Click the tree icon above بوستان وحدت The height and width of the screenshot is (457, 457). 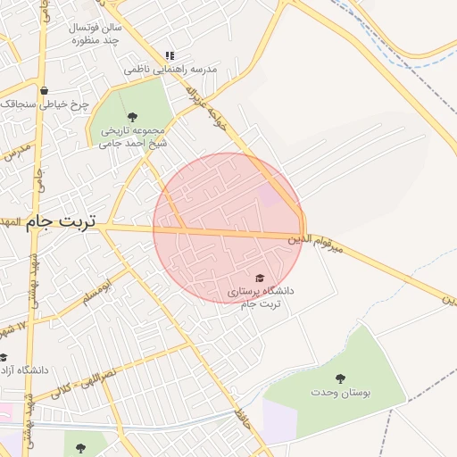point(341,378)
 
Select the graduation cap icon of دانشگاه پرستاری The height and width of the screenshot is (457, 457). point(260,278)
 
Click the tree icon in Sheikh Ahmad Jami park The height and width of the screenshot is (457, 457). point(132,116)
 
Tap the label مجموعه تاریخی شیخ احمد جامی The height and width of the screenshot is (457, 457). point(134,136)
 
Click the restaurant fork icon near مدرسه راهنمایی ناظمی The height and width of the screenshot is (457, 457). point(170,55)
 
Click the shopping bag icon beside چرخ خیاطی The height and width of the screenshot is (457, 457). point(44,90)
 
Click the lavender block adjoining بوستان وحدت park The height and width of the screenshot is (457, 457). point(278,420)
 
